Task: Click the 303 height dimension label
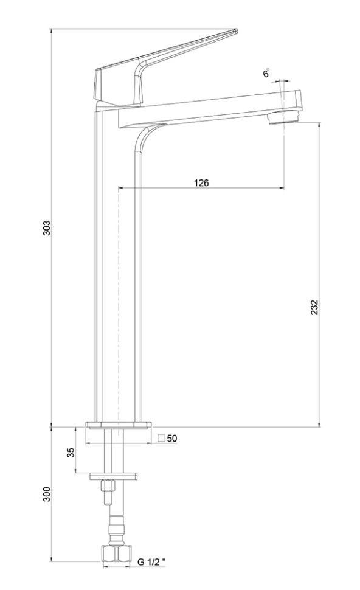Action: (46, 227)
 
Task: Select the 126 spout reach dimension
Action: (201, 183)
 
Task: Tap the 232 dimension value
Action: (314, 307)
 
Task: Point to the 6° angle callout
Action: (266, 74)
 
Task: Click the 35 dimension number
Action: (71, 452)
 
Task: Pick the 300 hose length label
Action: (46, 494)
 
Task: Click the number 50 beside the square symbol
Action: (172, 439)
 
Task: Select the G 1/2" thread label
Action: (151, 562)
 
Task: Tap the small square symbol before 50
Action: (162, 438)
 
